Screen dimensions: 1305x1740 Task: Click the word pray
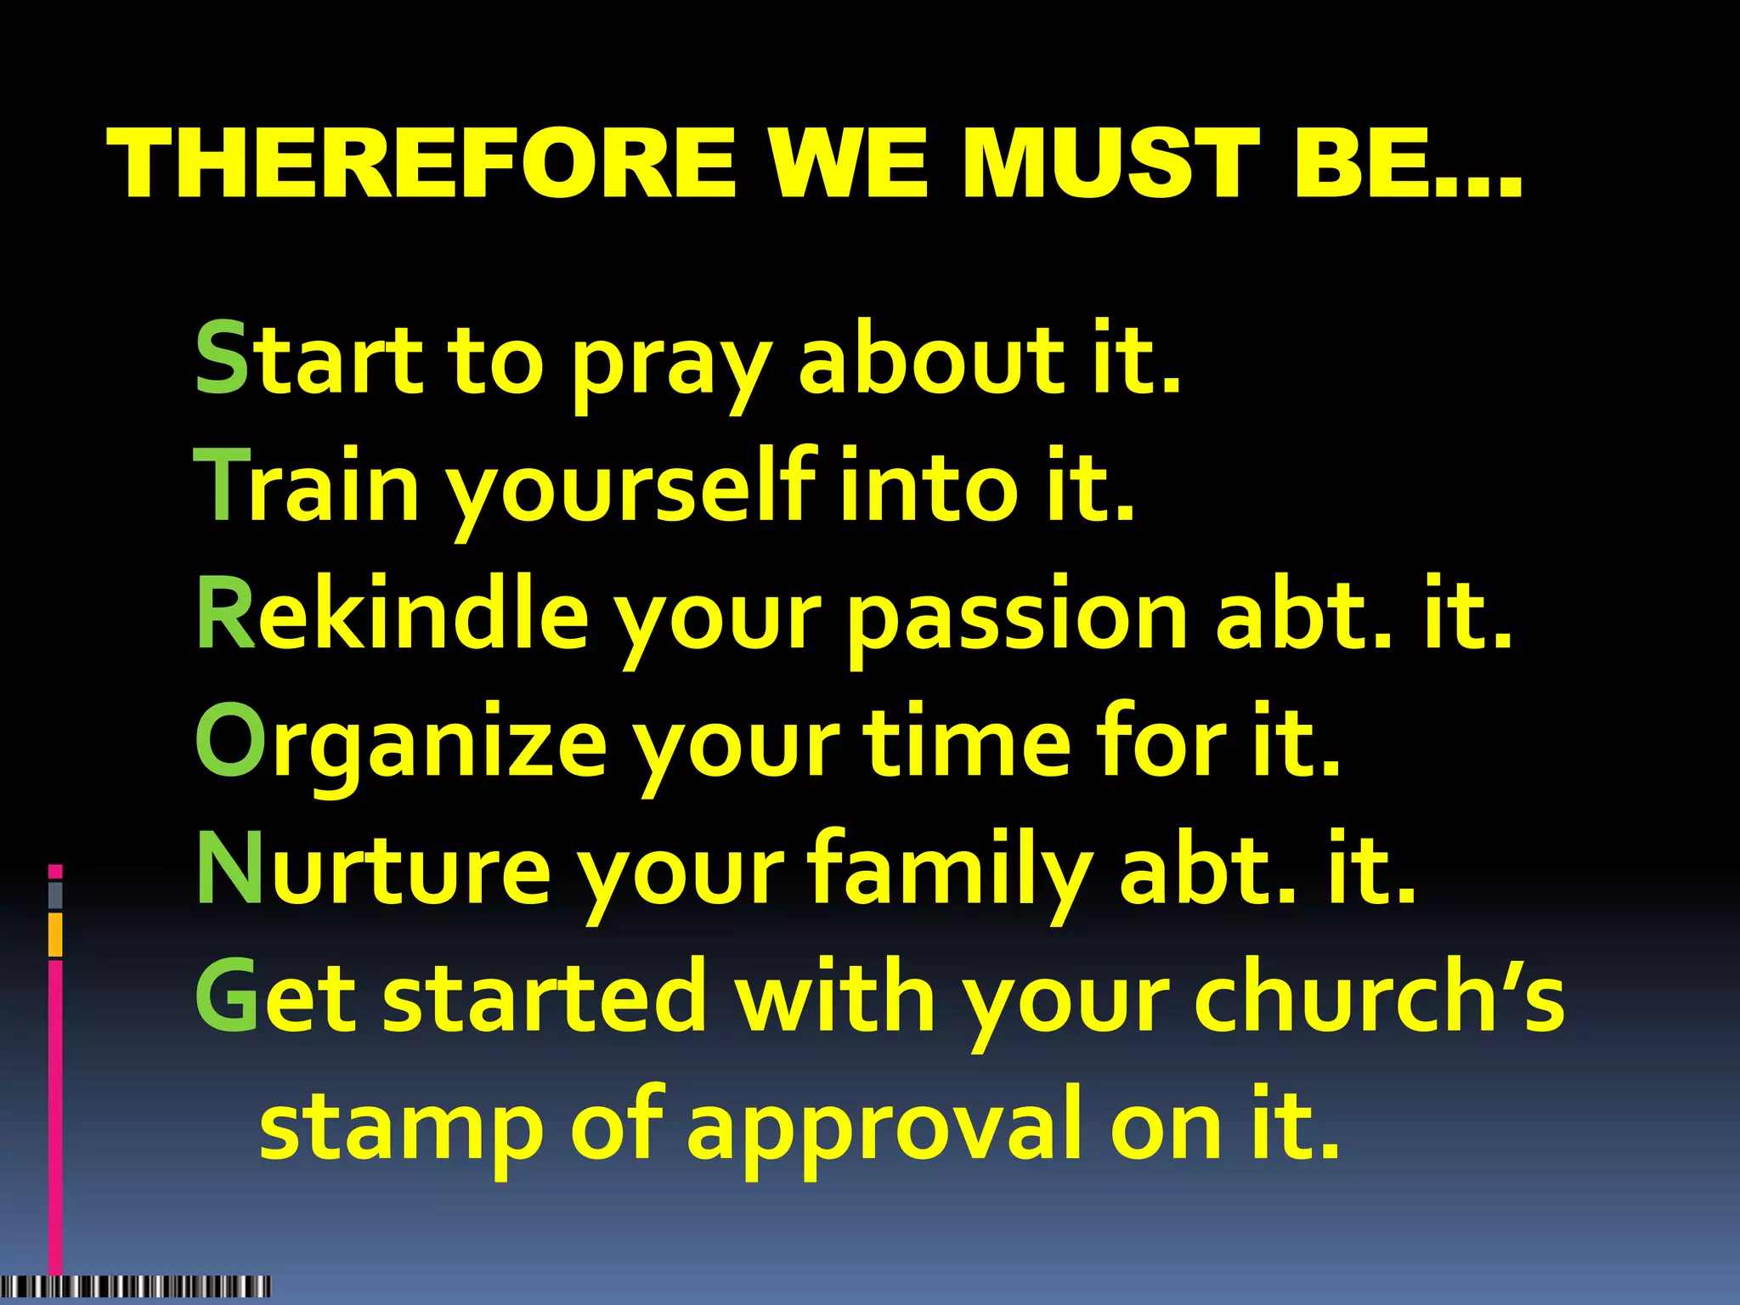pos(671,365)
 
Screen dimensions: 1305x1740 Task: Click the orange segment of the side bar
pos(55,935)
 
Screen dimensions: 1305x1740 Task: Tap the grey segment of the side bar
pos(55,895)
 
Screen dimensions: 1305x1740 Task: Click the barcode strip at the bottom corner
pos(136,1285)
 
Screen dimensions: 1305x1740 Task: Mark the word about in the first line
pos(931,359)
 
